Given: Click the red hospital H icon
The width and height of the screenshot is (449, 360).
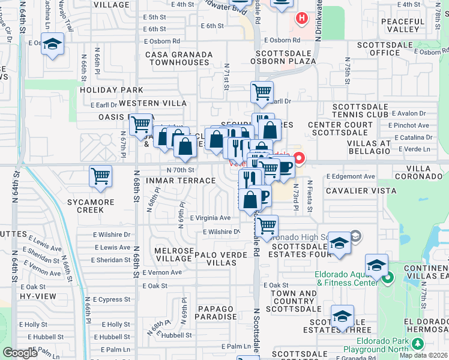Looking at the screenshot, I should tap(301, 19).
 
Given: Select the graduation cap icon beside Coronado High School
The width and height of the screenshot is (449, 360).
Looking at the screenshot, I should tap(339, 243).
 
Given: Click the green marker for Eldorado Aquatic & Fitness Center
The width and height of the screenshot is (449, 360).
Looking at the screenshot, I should tap(388, 278).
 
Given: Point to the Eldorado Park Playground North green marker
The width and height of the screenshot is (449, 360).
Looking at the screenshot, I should tap(418, 343).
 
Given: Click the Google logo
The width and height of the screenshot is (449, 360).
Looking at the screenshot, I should tap(20, 353).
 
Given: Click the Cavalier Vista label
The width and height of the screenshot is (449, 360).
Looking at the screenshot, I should tap(355, 190).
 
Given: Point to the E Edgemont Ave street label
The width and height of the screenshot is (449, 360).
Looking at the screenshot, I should tap(351, 176).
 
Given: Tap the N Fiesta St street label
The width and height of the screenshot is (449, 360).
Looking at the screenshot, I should tap(310, 196).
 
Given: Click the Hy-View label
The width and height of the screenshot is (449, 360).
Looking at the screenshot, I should tap(33, 296).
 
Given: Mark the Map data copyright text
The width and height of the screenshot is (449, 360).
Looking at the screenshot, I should tap(424, 355).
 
